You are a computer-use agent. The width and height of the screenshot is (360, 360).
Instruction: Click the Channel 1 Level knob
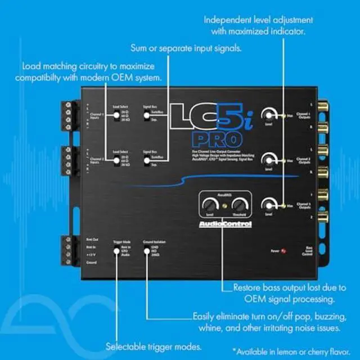point(271,114)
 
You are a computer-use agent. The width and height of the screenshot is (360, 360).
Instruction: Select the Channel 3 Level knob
point(271,205)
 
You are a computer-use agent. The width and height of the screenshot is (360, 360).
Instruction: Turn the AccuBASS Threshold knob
point(241,205)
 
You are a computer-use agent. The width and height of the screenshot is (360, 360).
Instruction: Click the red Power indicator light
point(282,250)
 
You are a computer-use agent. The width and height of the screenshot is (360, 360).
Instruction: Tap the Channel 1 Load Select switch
point(115,119)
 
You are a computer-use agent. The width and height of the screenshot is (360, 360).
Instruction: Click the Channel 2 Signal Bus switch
point(146,160)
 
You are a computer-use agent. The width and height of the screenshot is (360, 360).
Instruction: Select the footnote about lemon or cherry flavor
point(289,350)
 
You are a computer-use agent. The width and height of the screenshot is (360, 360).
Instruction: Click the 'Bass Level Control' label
point(309,251)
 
